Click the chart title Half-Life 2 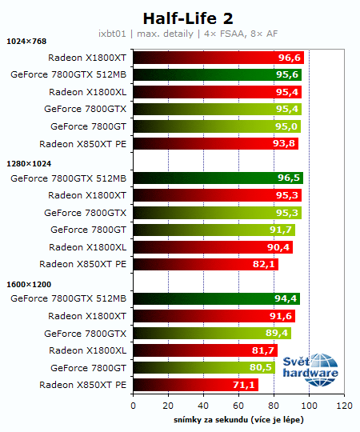181,18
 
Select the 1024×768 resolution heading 27,42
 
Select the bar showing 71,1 195,386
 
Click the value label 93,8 285,144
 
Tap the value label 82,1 265,264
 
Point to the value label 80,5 262,368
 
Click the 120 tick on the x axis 345,406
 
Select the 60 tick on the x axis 238,406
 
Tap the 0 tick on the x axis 133,406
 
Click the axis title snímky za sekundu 238,419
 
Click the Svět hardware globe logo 318,368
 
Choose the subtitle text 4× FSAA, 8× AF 245,34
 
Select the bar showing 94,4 216,299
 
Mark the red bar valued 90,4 212,247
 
